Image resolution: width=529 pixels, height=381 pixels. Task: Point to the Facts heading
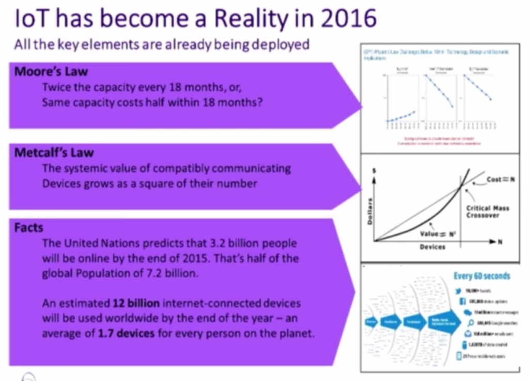[29, 227]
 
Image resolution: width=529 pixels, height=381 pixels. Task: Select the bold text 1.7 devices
[126, 333]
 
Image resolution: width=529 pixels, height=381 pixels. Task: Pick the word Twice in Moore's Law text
[56, 87]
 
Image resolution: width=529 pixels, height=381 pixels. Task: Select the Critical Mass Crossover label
[488, 211]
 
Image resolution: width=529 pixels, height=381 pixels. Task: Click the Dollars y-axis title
[369, 211]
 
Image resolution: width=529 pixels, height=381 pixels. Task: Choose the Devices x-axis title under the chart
[432, 247]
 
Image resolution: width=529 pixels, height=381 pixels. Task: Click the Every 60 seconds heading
[481, 276]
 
